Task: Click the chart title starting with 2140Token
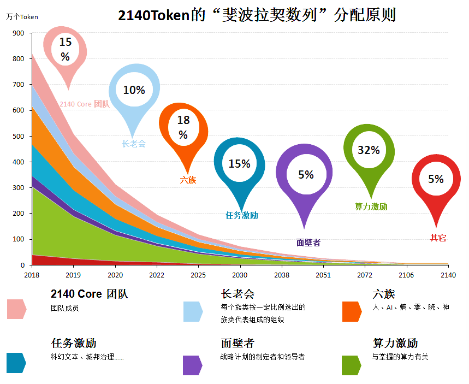click(x=257, y=15)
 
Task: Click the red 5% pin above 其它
click(x=436, y=180)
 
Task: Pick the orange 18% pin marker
click(x=183, y=129)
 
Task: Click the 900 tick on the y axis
click(x=19, y=33)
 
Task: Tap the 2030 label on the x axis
click(x=240, y=275)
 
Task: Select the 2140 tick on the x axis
click(x=448, y=275)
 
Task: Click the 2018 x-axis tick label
click(x=32, y=275)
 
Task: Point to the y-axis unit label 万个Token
click(x=22, y=17)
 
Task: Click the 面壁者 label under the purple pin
click(x=308, y=243)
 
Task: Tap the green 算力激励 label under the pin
click(x=371, y=206)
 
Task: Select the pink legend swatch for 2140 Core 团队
click(x=16, y=309)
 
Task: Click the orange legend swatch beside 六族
click(x=351, y=311)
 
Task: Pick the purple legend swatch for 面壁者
click(x=192, y=365)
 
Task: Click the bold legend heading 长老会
click(x=238, y=294)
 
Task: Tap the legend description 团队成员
click(x=65, y=308)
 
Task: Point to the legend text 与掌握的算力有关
click(x=400, y=357)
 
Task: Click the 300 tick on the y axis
click(x=19, y=188)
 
